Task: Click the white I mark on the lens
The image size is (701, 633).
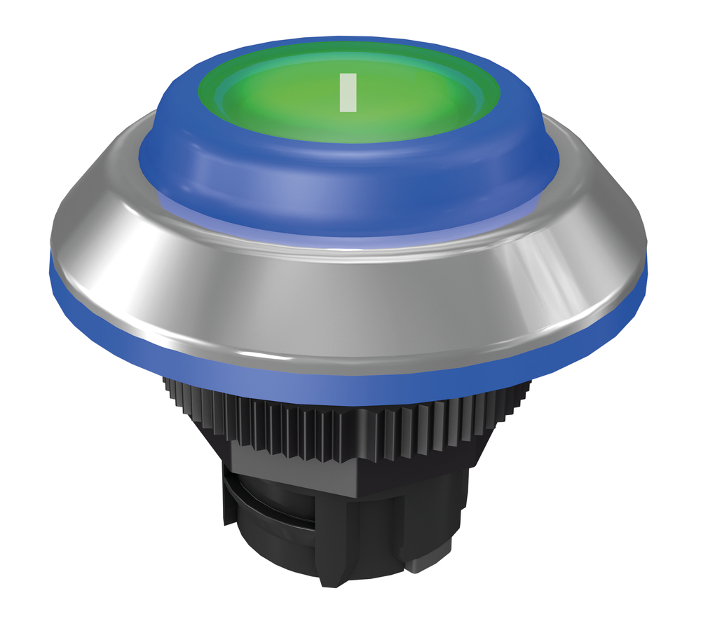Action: click(x=348, y=93)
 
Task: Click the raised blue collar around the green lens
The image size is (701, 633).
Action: click(x=348, y=188)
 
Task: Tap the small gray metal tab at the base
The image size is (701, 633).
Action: click(x=419, y=564)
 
